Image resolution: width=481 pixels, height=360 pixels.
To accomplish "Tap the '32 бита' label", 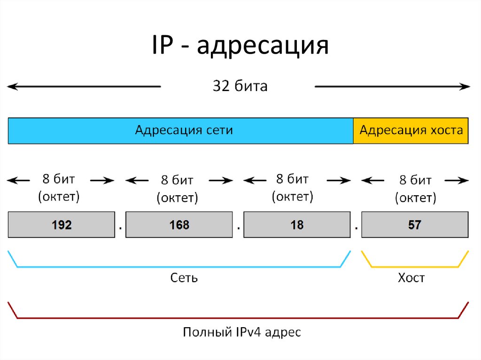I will pyautogui.click(x=240, y=86).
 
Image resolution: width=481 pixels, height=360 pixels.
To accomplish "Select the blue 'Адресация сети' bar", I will pyautogui.click(x=181, y=130).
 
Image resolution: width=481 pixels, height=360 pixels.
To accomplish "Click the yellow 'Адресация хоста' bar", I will pyautogui.click(x=411, y=130).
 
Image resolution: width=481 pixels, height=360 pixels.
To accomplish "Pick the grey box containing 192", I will pyautogui.click(x=62, y=225).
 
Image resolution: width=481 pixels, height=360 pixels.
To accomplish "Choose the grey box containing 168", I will pyautogui.click(x=179, y=225).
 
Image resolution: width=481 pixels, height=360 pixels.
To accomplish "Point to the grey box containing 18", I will pyautogui.click(x=297, y=225).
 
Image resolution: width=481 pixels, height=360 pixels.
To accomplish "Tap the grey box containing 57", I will pyautogui.click(x=415, y=225).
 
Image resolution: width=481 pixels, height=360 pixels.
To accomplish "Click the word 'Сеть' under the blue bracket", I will pyautogui.click(x=184, y=278).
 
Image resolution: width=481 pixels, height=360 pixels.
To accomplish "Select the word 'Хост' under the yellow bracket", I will pyautogui.click(x=411, y=278).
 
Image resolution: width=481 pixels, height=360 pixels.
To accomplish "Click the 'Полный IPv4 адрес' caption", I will pyautogui.click(x=241, y=333).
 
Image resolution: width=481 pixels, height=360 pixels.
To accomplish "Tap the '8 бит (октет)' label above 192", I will pyautogui.click(x=59, y=188).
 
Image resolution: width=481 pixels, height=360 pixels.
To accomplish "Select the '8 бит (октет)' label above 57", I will pyautogui.click(x=415, y=189).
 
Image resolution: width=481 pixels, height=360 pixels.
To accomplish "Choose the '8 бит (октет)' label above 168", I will pyautogui.click(x=177, y=189).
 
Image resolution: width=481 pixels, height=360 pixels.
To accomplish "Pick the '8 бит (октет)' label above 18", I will pyautogui.click(x=292, y=188).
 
